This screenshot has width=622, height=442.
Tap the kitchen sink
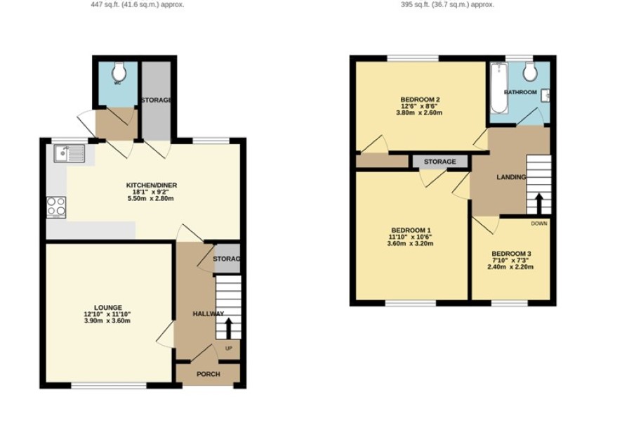coord(70,154)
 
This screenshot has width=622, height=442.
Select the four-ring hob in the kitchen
coord(56,207)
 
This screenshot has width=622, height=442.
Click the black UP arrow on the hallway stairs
coord(228,328)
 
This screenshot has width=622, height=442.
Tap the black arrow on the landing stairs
coord(538,204)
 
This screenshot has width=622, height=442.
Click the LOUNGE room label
coord(108,307)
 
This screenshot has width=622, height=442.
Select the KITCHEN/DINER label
coord(152,185)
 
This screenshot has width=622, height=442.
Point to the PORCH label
coord(209,374)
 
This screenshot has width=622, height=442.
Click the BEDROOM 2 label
coord(420,99)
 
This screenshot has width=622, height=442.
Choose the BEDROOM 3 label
coord(511,254)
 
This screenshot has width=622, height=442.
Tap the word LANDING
coord(511,177)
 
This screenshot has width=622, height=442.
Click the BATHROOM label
coord(520,92)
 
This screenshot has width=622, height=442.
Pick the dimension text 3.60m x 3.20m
coord(410,243)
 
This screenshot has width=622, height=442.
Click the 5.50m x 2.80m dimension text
coord(151,198)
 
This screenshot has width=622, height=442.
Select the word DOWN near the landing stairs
coord(539,223)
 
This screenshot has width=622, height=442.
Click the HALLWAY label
coord(209,313)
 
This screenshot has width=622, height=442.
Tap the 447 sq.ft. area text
coord(138,5)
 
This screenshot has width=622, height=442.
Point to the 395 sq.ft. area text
coord(447,5)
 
